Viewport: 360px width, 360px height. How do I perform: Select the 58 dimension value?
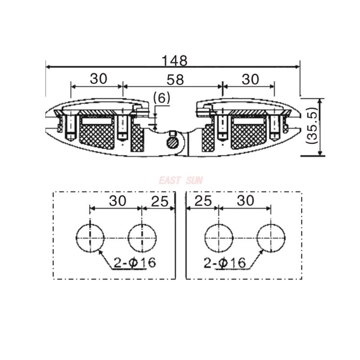(175, 80)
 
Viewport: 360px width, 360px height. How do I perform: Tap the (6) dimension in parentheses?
(162, 98)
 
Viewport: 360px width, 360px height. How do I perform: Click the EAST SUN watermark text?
(180, 180)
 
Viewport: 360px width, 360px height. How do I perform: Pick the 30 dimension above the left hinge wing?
(99, 79)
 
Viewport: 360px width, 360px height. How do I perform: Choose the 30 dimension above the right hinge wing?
(250, 79)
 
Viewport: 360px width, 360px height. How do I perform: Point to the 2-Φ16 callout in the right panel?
(225, 263)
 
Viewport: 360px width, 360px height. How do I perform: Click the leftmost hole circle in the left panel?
(90, 238)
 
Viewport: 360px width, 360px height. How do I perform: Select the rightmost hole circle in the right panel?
(271, 238)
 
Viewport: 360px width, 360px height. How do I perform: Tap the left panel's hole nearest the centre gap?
(142, 238)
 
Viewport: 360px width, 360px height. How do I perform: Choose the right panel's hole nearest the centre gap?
(219, 238)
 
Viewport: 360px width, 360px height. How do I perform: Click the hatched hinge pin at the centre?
(173, 143)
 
